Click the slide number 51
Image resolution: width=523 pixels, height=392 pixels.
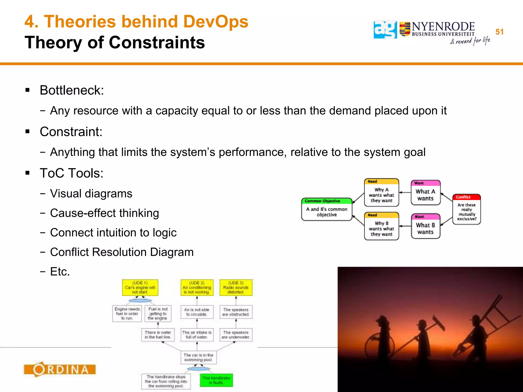pyautogui.click(x=499, y=32)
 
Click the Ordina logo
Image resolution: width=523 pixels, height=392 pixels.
pyautogui.click(x=60, y=369)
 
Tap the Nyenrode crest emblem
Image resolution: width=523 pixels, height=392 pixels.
pyautogui.click(x=405, y=29)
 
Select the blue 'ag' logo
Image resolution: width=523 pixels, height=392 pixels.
pyautogui.click(x=385, y=30)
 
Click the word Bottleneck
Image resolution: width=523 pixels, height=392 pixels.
pyautogui.click(x=72, y=90)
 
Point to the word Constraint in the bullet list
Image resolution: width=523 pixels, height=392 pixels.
pyautogui.click(x=71, y=132)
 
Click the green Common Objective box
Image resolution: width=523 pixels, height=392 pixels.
pyautogui.click(x=327, y=209)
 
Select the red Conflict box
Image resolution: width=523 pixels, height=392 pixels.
pyautogui.click(x=466, y=209)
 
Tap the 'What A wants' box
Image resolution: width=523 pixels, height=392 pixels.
pyautogui.click(x=425, y=193)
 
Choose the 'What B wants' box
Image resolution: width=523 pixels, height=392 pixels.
pyautogui.click(x=425, y=226)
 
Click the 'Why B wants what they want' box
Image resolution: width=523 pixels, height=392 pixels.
pyautogui.click(x=381, y=226)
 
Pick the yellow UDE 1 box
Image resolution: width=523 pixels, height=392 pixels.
pyautogui.click(x=140, y=288)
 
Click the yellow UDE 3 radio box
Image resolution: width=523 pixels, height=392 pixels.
pyautogui.click(x=236, y=288)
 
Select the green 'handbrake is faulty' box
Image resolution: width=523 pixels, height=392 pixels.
pyautogui.click(x=216, y=380)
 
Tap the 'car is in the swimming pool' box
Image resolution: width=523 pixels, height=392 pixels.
pyautogui.click(x=198, y=357)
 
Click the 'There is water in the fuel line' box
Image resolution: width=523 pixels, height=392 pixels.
pyautogui.click(x=158, y=335)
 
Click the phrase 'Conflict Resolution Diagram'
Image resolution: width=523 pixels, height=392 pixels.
pyautogui.click(x=122, y=252)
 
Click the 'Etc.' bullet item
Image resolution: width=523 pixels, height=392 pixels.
pyautogui.click(x=60, y=272)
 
